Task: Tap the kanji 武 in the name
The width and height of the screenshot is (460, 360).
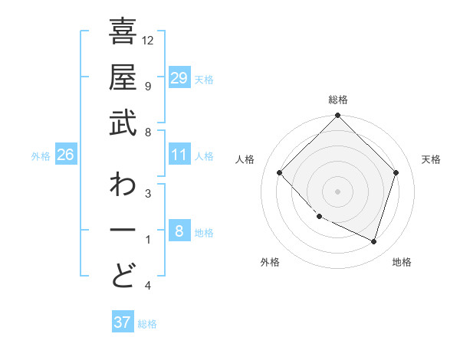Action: (x=123, y=123)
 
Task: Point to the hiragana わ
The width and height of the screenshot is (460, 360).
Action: (x=123, y=186)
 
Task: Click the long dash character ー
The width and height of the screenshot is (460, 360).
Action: (x=123, y=230)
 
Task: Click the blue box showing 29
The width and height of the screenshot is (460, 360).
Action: (x=179, y=78)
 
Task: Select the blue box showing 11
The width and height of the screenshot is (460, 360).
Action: (x=179, y=155)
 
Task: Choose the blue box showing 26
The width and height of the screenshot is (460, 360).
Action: (x=65, y=155)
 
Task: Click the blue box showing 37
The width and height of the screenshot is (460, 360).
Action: (x=122, y=322)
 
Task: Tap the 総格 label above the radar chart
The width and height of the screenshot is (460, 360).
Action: (x=337, y=100)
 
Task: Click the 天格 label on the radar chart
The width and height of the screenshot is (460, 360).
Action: (x=431, y=159)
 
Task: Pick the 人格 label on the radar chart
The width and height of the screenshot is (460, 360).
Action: (x=245, y=159)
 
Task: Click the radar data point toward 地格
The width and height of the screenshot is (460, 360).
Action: (x=373, y=241)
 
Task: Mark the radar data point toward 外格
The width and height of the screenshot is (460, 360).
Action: (x=319, y=217)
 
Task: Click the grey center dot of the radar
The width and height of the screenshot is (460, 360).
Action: (x=337, y=191)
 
